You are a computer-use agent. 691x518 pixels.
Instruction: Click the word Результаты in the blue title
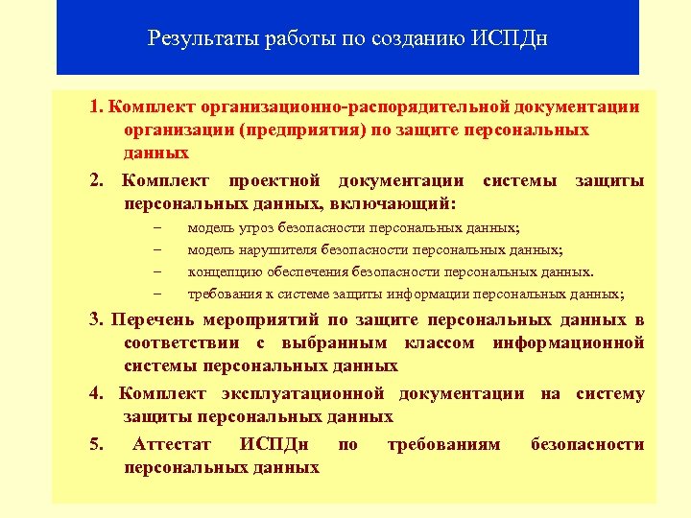[196, 39]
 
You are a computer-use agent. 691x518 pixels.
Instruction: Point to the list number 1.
[96, 106]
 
